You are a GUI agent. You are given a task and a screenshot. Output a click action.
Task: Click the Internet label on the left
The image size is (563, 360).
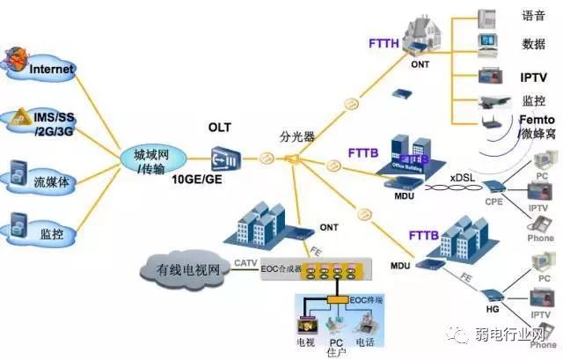52,69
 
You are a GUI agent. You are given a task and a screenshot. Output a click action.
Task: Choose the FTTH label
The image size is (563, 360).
384,41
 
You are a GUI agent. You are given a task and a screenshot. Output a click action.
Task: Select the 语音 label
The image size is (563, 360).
534,16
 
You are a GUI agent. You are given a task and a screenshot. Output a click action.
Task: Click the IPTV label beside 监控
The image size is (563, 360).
534,77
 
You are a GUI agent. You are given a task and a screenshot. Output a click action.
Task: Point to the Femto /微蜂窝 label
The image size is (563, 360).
535,125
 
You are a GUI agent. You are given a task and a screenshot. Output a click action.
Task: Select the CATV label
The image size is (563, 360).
245,262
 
